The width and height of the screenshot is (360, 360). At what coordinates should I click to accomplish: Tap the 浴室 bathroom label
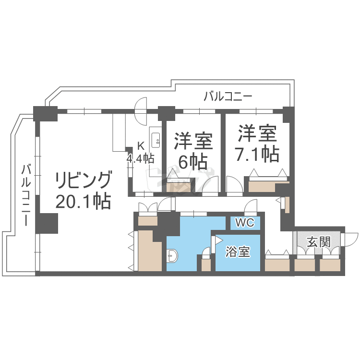coord(238,252)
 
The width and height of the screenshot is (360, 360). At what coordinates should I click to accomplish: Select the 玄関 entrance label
coord(318,242)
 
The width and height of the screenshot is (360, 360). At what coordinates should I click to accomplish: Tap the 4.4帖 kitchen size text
coord(141,158)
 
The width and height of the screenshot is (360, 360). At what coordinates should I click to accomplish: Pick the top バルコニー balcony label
coord(227,96)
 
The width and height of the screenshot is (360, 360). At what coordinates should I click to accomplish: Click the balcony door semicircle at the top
coord(141,111)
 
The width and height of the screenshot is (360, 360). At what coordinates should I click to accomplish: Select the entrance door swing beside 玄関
coord(350,239)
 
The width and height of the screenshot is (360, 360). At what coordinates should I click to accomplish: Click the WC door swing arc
coord(250,207)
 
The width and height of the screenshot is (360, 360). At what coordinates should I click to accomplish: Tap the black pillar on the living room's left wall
coord(47,223)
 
